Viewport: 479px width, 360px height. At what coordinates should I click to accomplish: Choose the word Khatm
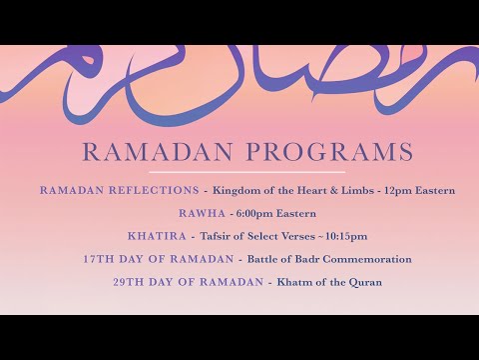tap(293, 282)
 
